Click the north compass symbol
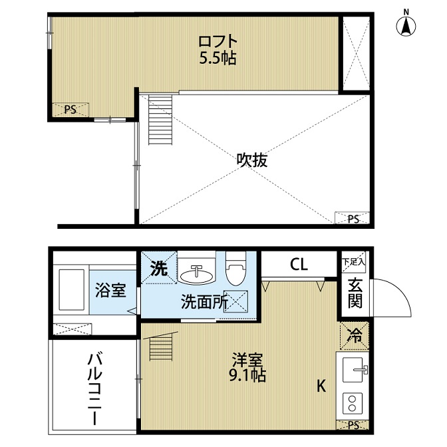(406, 26)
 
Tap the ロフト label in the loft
(218, 42)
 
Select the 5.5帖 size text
(218, 59)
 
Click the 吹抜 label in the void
(252, 160)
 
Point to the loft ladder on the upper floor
(160, 120)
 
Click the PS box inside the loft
(71, 110)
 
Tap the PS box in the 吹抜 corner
(352, 218)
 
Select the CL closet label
(299, 265)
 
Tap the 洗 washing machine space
(159, 267)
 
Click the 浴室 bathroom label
(110, 290)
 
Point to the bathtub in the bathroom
(71, 289)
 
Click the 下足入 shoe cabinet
(353, 261)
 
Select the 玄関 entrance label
(355, 293)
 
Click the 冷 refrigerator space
(355, 336)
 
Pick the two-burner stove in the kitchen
(353, 403)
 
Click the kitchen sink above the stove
(355, 370)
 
